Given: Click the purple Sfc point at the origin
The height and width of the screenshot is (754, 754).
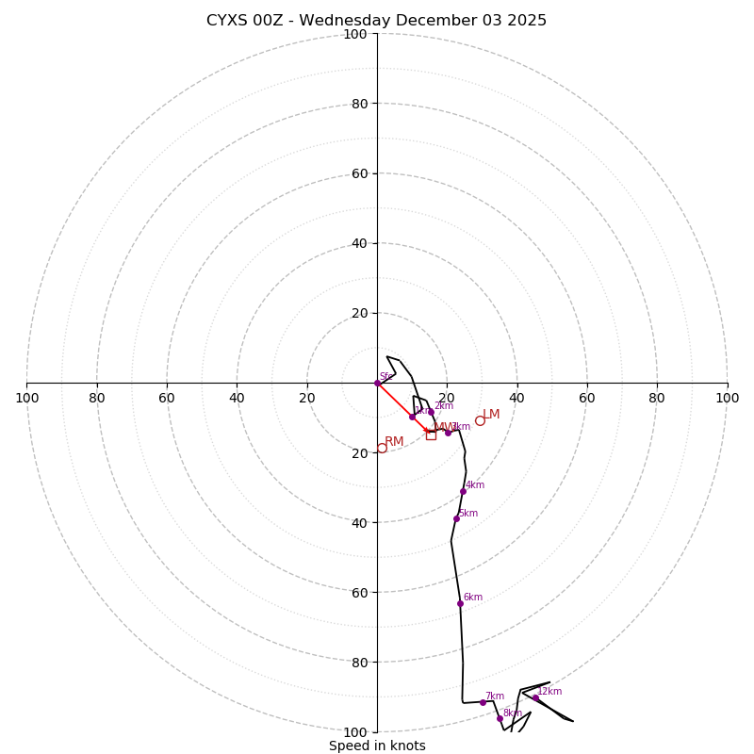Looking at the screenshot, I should [377, 383].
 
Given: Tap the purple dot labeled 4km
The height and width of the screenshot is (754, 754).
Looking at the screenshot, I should [463, 491].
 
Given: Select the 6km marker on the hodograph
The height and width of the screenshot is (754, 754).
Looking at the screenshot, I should [460, 603].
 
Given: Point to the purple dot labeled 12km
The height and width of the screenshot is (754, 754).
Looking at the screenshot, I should [535, 697].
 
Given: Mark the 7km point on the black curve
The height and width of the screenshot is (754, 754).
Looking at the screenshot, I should [483, 702].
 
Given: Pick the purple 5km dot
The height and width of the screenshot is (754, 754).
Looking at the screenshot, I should [456, 518].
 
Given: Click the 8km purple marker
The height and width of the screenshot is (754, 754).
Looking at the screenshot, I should [500, 718].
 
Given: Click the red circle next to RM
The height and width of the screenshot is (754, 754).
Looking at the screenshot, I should [382, 449].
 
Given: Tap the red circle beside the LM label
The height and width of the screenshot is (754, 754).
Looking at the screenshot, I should [480, 420].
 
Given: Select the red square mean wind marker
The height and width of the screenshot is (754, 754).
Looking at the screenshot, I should [431, 434].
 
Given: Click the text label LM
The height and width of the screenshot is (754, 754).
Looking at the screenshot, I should [491, 415].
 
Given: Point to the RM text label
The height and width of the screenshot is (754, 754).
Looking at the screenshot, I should [394, 442].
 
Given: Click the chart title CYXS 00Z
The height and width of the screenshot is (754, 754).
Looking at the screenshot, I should [377, 21].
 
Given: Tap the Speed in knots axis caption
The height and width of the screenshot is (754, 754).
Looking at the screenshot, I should [377, 746].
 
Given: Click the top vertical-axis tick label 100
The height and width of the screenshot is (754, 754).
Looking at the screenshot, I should [355, 34].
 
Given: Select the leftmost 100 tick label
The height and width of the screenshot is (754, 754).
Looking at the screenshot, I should [26, 398].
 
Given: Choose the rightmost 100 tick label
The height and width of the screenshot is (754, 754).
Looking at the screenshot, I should [727, 398].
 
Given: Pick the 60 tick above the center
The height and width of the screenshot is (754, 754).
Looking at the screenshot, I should [359, 173].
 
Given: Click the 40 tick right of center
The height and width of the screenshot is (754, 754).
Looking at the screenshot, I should [516, 398].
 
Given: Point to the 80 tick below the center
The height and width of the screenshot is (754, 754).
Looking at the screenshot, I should [359, 663].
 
